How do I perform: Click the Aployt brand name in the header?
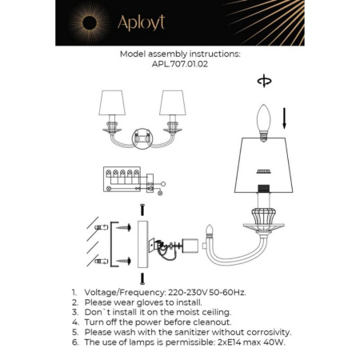140,23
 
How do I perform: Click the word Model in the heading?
134,54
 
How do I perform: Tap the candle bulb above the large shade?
262,121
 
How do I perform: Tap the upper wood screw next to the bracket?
124,227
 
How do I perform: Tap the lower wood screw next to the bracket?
124,261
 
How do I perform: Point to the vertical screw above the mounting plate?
141,210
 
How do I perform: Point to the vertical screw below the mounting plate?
141,279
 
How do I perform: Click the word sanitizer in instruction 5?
200,331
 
